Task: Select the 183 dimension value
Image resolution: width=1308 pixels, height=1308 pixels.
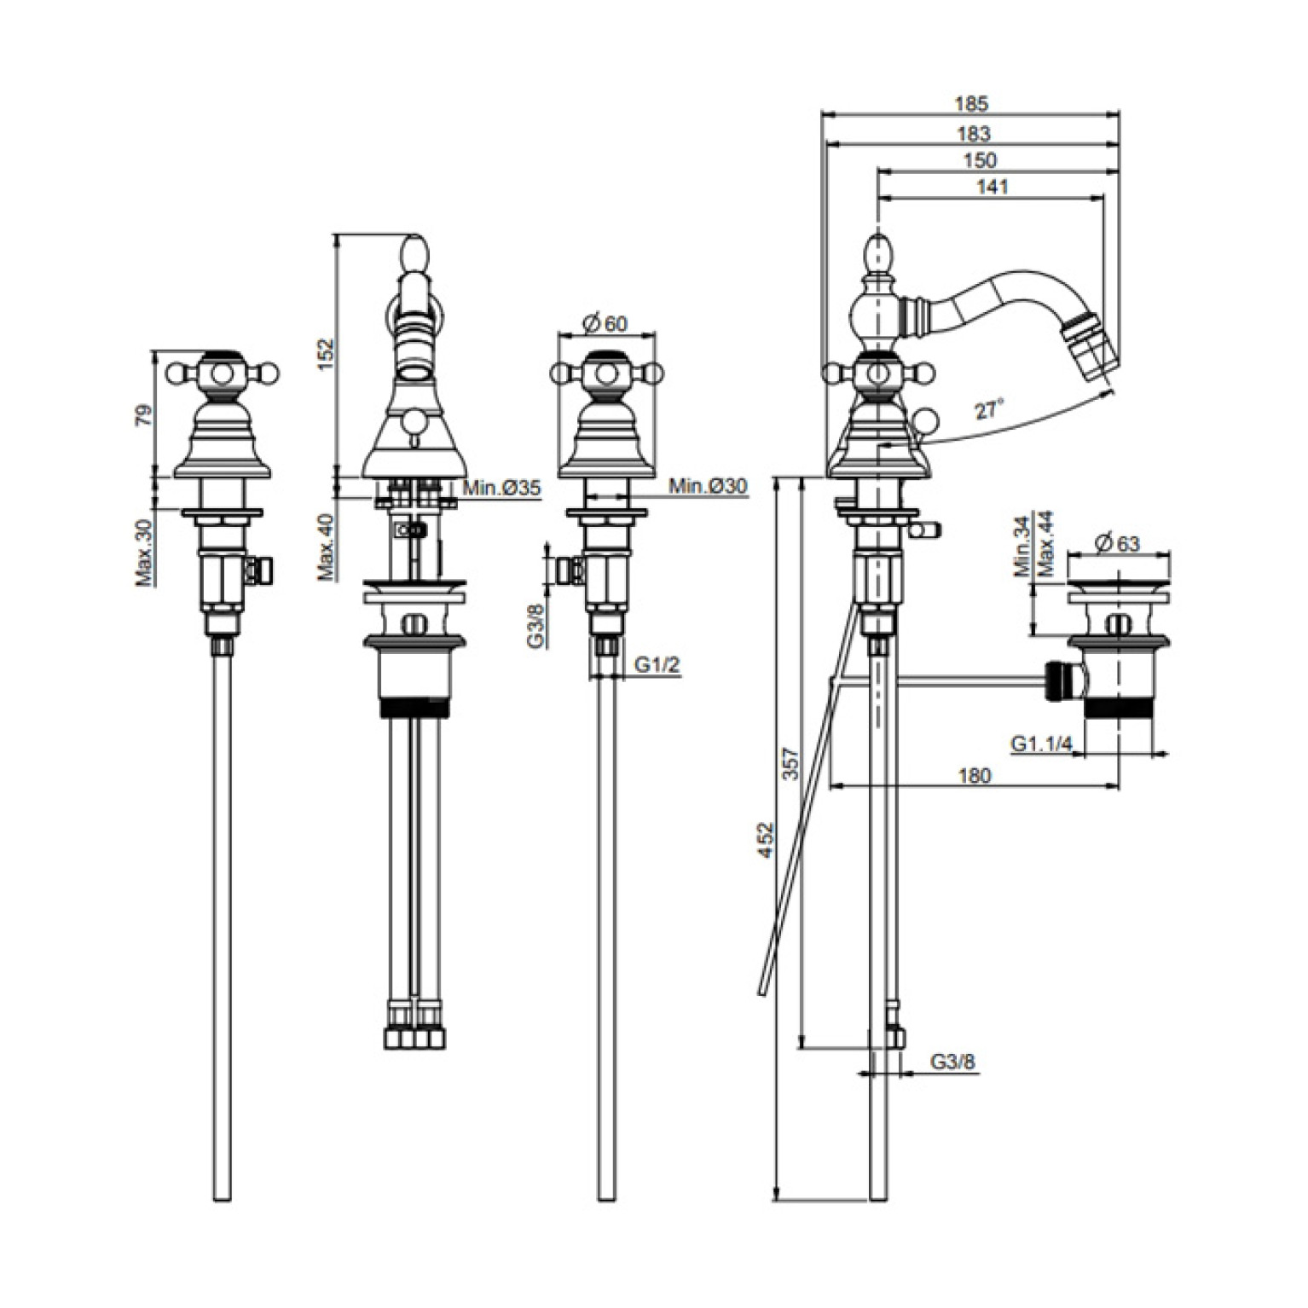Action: [973, 133]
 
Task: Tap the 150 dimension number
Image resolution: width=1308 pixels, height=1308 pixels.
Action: [981, 159]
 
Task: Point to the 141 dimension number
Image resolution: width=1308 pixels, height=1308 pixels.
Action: [990, 187]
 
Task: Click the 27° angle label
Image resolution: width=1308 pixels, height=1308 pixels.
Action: [987, 410]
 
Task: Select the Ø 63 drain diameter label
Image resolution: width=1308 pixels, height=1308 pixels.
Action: [1118, 542]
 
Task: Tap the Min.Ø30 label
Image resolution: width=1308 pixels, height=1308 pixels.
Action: [708, 486]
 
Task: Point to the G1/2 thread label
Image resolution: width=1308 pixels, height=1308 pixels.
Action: [657, 664]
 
